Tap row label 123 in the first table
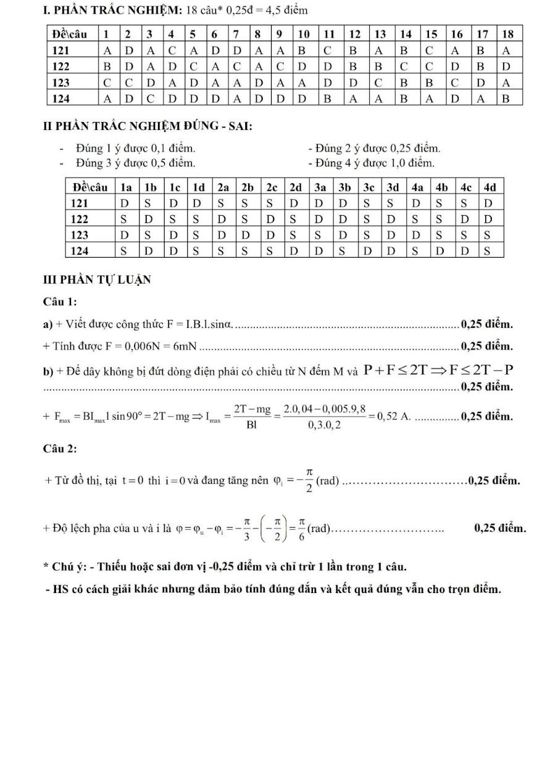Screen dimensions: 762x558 [x=60, y=82]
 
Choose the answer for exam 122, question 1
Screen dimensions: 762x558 [x=107, y=66]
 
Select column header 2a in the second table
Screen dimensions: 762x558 [x=222, y=187]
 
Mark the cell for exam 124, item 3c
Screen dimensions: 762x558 [x=369, y=251]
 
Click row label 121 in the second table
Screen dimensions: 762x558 [x=80, y=203]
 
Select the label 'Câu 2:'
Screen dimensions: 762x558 [x=60, y=448]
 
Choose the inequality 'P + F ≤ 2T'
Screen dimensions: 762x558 [x=396, y=370]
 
